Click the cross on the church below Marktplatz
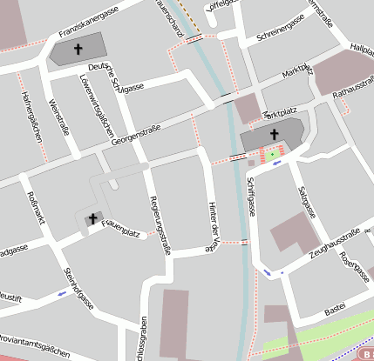[274, 134]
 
